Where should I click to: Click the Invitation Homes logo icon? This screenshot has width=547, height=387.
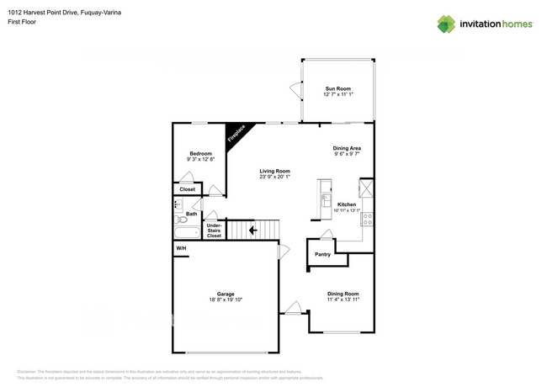(x=445, y=24)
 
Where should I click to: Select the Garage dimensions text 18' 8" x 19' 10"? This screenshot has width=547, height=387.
(x=225, y=299)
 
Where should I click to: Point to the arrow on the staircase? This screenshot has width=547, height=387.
(x=252, y=230)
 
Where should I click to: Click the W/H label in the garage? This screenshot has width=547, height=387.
(x=181, y=248)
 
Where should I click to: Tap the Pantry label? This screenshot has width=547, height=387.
(x=322, y=253)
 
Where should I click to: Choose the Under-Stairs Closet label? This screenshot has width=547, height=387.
(x=214, y=231)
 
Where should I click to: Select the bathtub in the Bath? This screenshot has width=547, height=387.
(x=186, y=232)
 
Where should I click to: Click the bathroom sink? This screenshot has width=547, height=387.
(x=178, y=204)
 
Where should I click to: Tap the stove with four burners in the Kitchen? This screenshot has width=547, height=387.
(x=367, y=219)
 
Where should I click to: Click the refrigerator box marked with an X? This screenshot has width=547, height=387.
(x=366, y=188)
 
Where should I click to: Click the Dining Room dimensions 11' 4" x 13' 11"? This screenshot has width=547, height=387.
(x=343, y=299)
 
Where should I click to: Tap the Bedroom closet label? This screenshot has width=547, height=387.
(x=187, y=189)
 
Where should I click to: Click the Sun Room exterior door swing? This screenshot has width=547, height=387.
(x=295, y=88)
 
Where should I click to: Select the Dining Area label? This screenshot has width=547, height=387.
(x=347, y=148)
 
